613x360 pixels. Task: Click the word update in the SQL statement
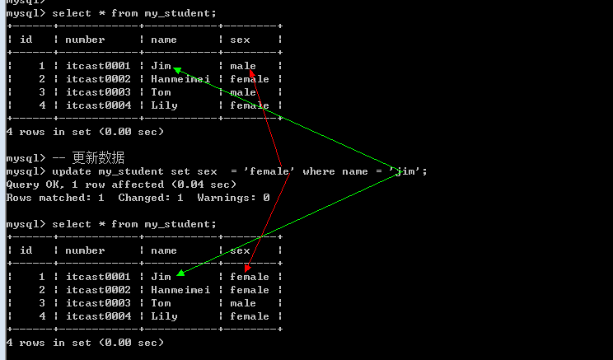(72, 171)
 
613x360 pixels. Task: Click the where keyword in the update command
(319, 171)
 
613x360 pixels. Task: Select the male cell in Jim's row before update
(243, 66)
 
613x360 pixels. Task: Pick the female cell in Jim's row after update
(250, 277)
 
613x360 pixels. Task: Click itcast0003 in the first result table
(98, 92)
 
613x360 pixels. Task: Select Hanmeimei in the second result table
(180, 290)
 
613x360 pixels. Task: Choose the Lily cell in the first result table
(164, 105)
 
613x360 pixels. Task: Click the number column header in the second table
(85, 250)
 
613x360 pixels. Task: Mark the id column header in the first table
(26, 40)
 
